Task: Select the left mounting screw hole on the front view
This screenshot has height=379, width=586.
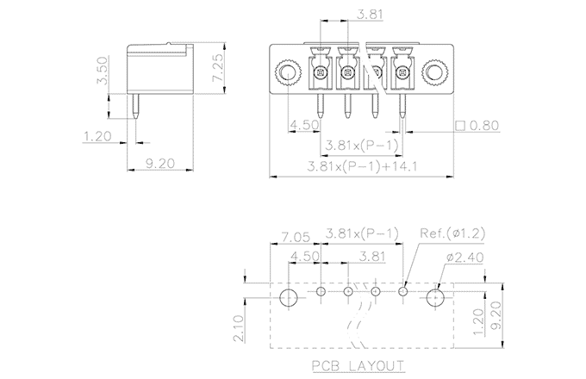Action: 287,71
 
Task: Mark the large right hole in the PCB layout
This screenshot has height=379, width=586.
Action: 436,296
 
